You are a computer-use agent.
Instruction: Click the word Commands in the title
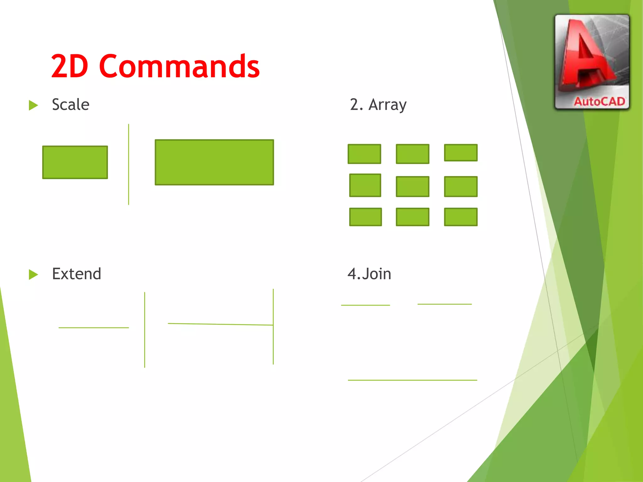[179, 67]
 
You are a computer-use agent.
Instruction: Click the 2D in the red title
[69, 67]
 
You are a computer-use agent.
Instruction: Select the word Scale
[71, 104]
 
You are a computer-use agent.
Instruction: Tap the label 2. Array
[378, 104]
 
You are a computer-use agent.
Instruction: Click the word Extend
[76, 274]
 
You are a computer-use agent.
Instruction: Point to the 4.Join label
[369, 274]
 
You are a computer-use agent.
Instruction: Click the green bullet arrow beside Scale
[33, 105]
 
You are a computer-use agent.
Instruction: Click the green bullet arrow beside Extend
[33, 274]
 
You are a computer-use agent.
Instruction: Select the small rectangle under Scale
[75, 162]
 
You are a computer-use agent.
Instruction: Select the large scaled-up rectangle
[214, 162]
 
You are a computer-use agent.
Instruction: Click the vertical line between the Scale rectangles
[128, 164]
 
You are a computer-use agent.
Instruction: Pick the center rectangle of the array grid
[413, 187]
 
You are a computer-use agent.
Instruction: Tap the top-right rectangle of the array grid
[461, 153]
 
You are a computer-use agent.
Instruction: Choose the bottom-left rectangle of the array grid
[365, 217]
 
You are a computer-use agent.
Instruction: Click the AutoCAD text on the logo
[599, 101]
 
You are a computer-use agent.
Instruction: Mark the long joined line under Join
[412, 380]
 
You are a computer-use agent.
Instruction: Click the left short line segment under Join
[365, 305]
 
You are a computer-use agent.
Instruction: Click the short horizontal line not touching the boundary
[94, 328]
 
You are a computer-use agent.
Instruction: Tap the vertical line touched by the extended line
[273, 345]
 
